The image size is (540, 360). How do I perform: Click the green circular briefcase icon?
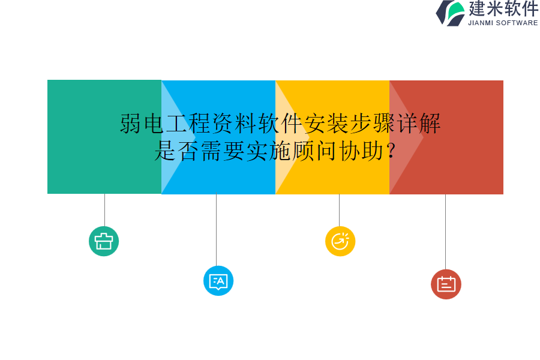pyautogui.click(x=104, y=241)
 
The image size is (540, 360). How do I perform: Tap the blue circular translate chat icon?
pyautogui.click(x=218, y=281)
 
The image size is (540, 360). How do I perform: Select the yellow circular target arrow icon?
pyautogui.click(x=340, y=241)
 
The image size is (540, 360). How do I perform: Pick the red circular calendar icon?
pyautogui.click(x=446, y=284)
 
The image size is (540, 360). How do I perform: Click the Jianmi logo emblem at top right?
pyautogui.click(x=451, y=13)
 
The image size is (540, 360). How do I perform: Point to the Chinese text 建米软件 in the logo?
pyautogui.click(x=503, y=9)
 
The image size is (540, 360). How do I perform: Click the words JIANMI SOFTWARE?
pyautogui.click(x=503, y=23)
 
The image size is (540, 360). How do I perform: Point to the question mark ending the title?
pyautogui.click(x=391, y=151)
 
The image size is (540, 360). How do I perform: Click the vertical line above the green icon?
pyautogui.click(x=104, y=209)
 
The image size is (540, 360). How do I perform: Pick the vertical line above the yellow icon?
pyautogui.click(x=339, y=209)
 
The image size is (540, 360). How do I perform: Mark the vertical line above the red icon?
pyautogui.click(x=445, y=232)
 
